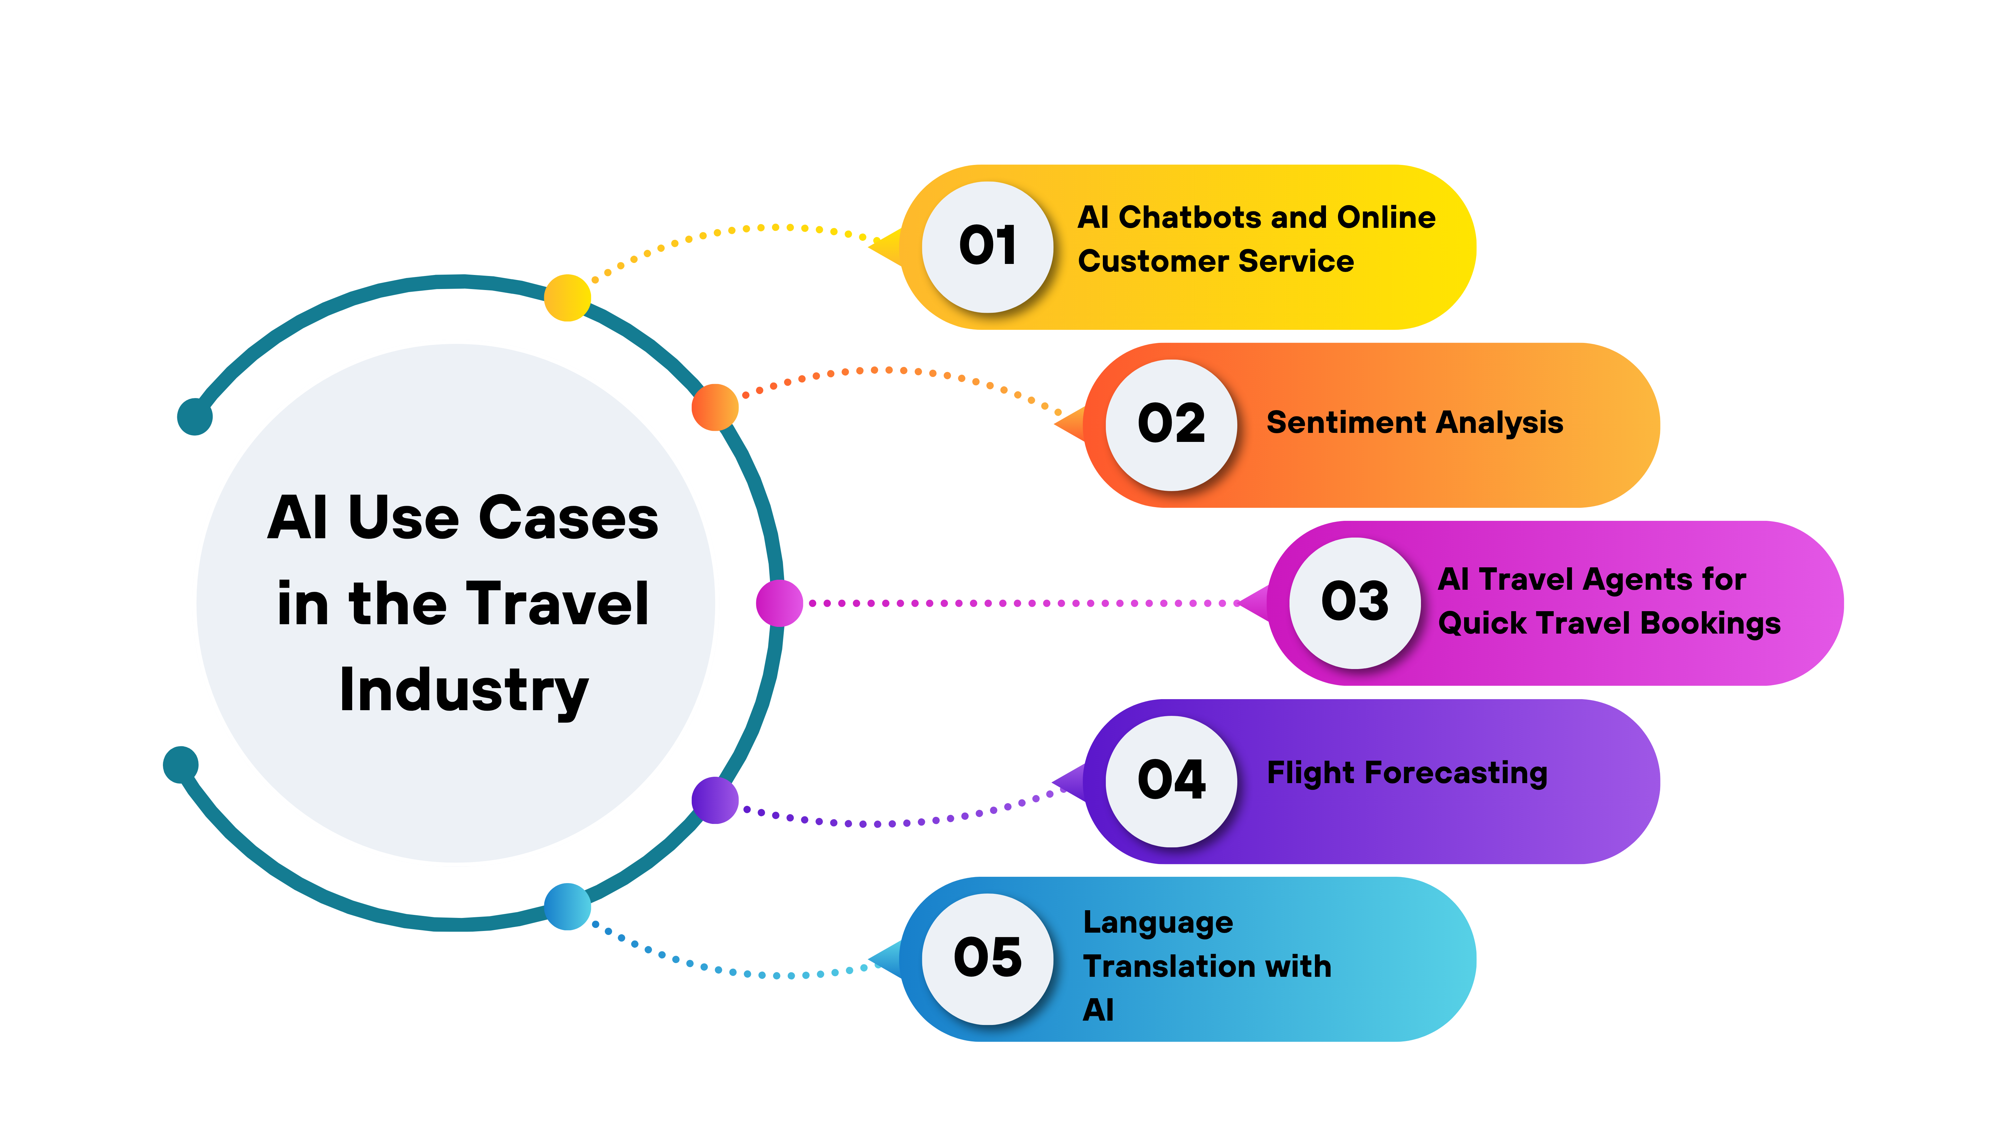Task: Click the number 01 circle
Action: [x=987, y=247]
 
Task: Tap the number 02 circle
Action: [x=1171, y=425]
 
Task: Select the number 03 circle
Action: [x=1355, y=602]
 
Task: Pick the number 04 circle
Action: [x=1171, y=781]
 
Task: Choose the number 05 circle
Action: [x=987, y=958]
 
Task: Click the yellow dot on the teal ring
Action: [x=567, y=298]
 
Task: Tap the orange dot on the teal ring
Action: [x=714, y=407]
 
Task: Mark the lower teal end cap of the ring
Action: [x=181, y=764]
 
